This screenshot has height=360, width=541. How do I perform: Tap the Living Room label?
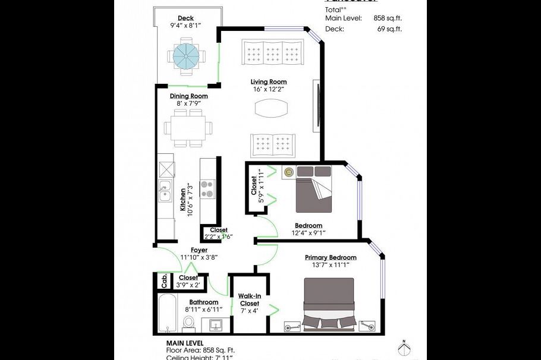click(x=268, y=82)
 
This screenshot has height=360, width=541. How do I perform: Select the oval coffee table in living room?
click(x=271, y=108)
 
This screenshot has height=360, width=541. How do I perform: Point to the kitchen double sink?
click(x=165, y=194)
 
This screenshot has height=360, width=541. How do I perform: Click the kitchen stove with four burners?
click(x=207, y=189)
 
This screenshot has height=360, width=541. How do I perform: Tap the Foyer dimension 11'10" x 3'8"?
click(x=199, y=258)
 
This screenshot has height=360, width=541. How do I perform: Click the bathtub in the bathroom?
click(x=166, y=313)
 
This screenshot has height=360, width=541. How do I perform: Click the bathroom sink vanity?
click(x=215, y=325)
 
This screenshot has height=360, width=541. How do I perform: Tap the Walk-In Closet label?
click(x=250, y=299)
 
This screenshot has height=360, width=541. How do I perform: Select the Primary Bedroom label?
click(x=331, y=257)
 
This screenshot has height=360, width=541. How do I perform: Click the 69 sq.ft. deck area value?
click(x=389, y=29)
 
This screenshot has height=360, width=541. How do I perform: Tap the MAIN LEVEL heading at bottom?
click(x=185, y=343)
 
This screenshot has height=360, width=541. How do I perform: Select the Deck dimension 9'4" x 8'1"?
click(x=185, y=26)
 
